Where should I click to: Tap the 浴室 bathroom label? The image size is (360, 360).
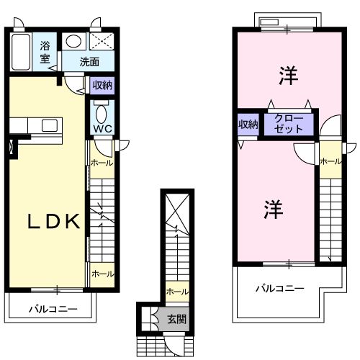pos(45,53)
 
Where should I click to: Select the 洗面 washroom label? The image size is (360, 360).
pos(89,62)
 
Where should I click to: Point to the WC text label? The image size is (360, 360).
pos(100,130)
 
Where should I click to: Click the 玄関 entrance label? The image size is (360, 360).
pos(176,318)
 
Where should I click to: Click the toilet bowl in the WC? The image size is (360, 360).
pos(100,114)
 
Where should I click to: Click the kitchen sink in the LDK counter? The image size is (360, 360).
pos(49,126)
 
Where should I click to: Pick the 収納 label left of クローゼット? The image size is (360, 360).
pos(248,124)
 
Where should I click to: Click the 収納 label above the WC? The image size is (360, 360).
pos(102,85)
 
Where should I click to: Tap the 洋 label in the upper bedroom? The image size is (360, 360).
pos(289,75)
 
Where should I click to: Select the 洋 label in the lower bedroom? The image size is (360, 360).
pos(273,210)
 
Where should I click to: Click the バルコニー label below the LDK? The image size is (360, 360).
pos(53,310)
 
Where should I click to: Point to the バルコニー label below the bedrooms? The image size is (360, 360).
pos(280,288)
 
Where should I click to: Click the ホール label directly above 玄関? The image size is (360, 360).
pos(176,292)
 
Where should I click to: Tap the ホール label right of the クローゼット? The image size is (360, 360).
pos(330,161)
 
